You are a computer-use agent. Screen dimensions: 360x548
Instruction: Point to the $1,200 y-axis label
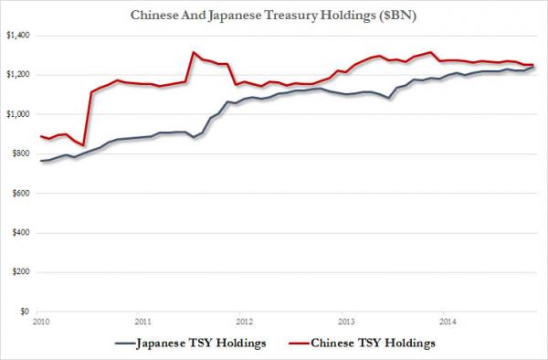click(x=16, y=74)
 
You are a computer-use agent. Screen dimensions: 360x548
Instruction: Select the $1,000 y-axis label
click(x=16, y=113)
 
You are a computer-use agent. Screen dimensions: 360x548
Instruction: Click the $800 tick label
click(x=18, y=154)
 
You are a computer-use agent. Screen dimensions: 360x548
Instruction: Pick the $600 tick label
click(x=18, y=193)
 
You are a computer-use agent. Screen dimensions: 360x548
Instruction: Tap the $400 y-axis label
click(x=18, y=232)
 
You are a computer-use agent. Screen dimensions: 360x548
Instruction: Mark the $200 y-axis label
click(x=18, y=272)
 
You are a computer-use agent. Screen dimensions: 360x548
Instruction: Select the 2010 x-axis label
click(x=40, y=322)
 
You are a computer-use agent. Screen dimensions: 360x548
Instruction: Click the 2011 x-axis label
click(x=142, y=322)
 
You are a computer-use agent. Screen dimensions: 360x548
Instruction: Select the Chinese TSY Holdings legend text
click(x=365, y=344)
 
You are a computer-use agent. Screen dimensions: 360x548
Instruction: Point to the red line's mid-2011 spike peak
click(x=193, y=52)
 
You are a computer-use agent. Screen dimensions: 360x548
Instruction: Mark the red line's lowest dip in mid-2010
click(x=82, y=145)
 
